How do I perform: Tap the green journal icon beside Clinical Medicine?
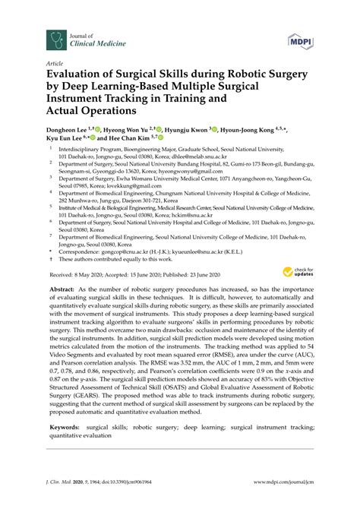point(55,37)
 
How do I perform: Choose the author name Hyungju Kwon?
point(185,131)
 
